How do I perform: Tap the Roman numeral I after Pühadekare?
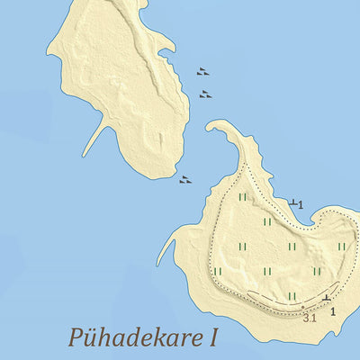click(x=213, y=338)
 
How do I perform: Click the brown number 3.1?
click(x=310, y=318)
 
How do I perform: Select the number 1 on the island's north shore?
click(x=301, y=205)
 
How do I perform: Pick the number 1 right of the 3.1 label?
click(x=333, y=311)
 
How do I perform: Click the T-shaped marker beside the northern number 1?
click(x=292, y=202)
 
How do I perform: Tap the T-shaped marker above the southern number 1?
click(x=326, y=297)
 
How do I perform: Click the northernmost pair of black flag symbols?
click(x=203, y=72)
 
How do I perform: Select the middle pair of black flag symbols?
click(x=206, y=94)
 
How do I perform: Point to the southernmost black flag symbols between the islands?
click(x=185, y=180)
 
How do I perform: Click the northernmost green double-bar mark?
click(x=242, y=197)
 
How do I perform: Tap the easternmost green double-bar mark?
click(x=341, y=246)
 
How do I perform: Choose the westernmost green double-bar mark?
click(x=217, y=271)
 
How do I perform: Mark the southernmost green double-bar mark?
click(x=292, y=295)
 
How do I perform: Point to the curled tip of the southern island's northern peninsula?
click(x=211, y=129)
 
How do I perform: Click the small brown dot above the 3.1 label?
click(x=303, y=308)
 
